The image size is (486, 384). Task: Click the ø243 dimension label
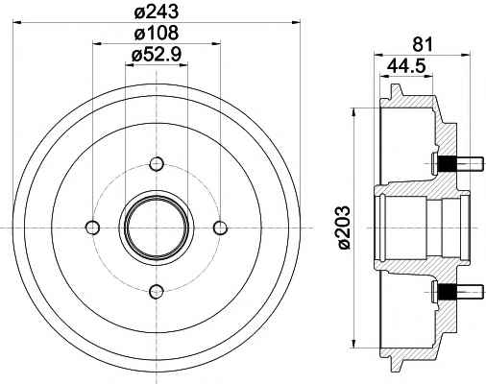click(156, 12)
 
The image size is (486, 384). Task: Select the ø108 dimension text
click(156, 33)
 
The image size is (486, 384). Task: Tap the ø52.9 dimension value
click(157, 55)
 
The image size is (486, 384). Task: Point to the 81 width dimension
click(423, 44)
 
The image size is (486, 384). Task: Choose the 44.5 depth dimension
click(406, 66)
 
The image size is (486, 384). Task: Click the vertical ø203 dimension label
click(344, 228)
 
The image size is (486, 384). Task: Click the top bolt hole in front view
click(157, 164)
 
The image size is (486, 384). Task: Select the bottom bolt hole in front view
click(157, 291)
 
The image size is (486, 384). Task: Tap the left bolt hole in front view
click(93, 228)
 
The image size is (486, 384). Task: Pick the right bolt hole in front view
click(220, 228)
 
